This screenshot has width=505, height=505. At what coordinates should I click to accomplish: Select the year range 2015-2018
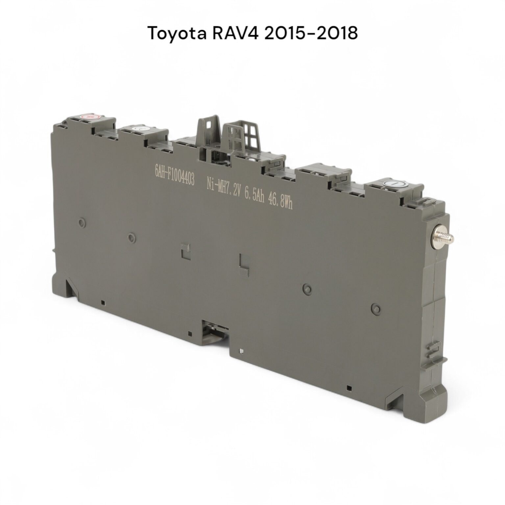pyautogui.click(x=311, y=33)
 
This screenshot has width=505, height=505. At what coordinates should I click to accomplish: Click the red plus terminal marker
pyautogui.click(x=88, y=116)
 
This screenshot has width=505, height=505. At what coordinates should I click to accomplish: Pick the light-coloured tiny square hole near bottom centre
pyautogui.click(x=242, y=351)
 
